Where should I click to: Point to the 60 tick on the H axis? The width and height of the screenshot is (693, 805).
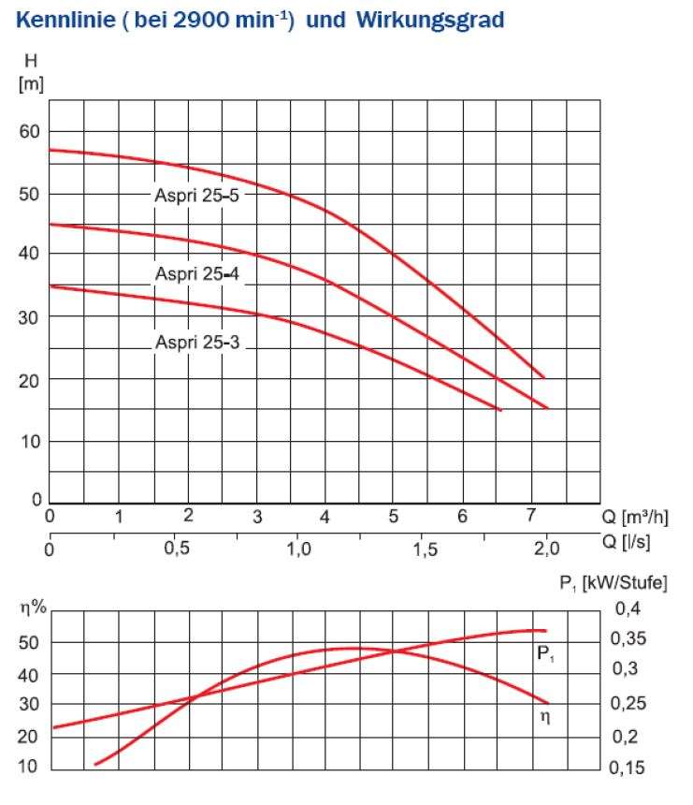point(30,131)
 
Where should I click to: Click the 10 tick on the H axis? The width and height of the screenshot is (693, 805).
point(30,442)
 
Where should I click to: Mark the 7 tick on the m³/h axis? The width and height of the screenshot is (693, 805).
point(531,516)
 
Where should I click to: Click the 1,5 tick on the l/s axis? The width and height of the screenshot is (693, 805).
point(426,549)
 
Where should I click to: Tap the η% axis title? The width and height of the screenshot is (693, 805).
point(34,607)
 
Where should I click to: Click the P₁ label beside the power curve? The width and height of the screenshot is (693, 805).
point(547,655)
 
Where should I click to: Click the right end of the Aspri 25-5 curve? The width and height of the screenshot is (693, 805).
point(544,377)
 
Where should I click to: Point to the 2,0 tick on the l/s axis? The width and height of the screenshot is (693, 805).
point(547,549)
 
